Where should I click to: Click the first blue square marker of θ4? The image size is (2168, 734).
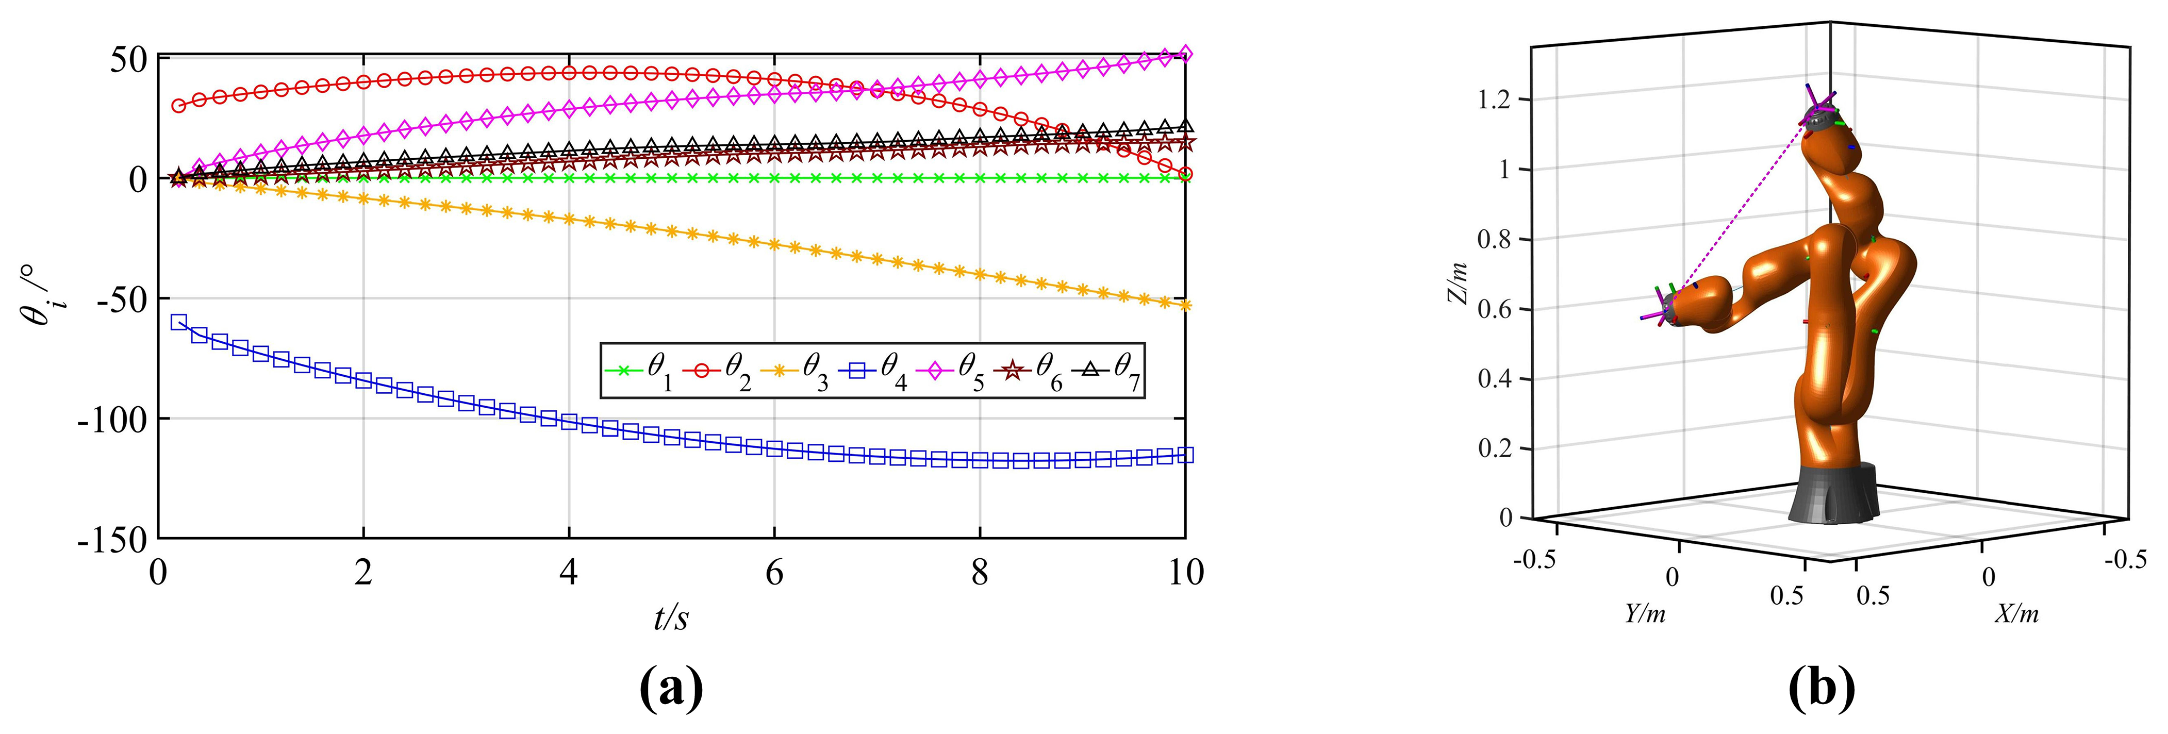(178, 322)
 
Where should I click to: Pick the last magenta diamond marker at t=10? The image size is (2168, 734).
(1185, 54)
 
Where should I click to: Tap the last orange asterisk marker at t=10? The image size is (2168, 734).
(1185, 305)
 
